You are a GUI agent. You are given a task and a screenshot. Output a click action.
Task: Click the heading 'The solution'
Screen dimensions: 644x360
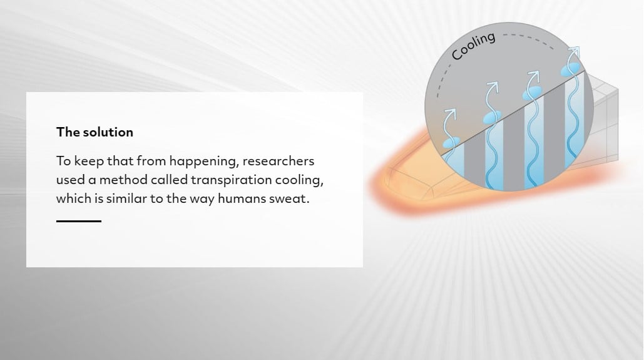[95, 132]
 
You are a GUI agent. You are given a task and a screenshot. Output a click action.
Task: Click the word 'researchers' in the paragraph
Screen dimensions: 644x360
[278, 161]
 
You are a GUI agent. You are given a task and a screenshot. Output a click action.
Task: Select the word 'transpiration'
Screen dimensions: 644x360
[231, 180]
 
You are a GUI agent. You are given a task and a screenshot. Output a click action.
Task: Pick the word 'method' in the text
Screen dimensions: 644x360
[123, 180]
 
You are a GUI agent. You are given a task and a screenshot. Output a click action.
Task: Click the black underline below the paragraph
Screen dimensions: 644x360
[79, 221]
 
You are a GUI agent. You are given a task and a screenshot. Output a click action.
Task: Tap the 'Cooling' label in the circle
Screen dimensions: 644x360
[473, 46]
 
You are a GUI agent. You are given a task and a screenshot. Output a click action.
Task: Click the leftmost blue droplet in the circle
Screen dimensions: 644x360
[451, 143]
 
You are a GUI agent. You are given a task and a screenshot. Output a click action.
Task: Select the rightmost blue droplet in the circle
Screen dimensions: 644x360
[571, 69]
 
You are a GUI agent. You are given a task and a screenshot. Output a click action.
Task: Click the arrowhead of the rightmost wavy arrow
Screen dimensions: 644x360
[575, 51]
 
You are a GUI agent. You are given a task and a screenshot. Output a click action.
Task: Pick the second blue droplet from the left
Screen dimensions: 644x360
[492, 118]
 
